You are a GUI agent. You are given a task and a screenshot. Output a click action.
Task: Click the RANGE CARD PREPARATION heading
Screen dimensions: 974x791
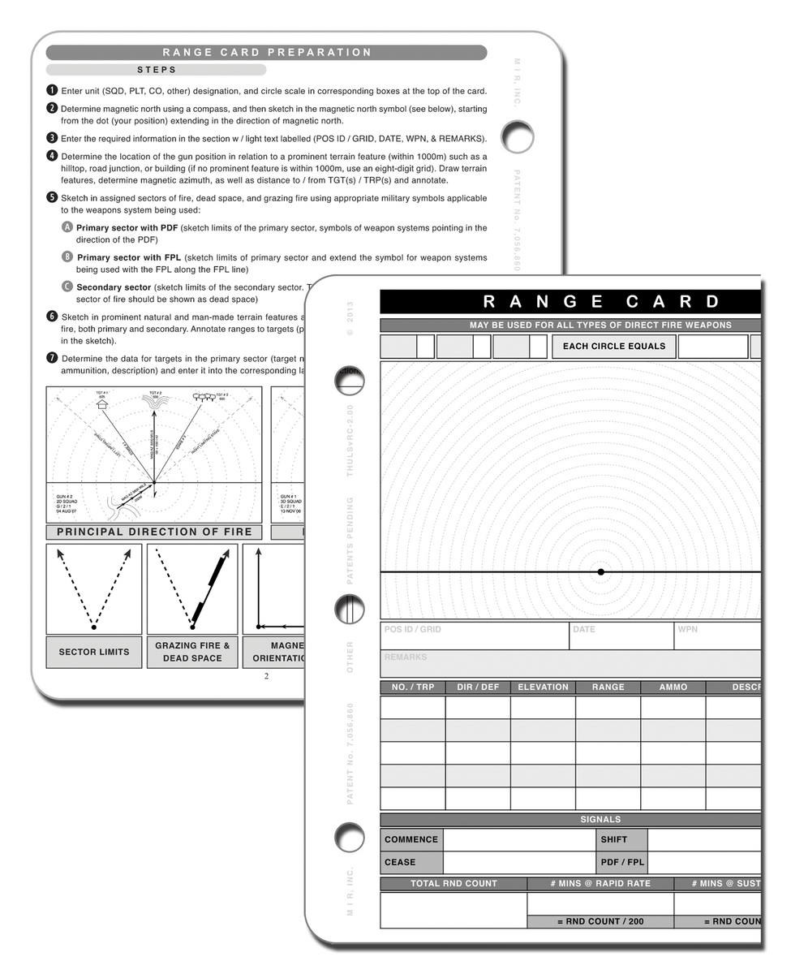click(x=266, y=53)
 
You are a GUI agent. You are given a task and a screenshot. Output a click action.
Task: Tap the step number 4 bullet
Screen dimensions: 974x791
click(x=52, y=157)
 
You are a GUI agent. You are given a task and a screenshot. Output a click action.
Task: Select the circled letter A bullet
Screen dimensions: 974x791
click(x=67, y=228)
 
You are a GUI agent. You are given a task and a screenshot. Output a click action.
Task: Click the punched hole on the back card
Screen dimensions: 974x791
click(x=517, y=136)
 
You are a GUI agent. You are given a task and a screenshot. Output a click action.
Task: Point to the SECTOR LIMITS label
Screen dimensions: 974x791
click(x=94, y=652)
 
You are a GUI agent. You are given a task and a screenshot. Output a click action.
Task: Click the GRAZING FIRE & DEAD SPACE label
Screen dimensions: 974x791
click(x=192, y=652)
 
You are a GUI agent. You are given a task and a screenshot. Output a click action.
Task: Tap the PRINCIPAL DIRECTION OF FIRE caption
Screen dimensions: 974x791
click(x=154, y=532)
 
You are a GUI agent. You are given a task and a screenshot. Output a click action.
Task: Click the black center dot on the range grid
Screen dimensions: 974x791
click(x=600, y=572)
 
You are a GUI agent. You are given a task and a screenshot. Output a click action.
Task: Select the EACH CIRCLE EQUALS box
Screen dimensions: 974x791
click(x=614, y=347)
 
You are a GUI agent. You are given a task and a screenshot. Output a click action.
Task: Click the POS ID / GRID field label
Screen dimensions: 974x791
click(x=412, y=630)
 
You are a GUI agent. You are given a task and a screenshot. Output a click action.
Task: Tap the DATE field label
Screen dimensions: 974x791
click(x=584, y=630)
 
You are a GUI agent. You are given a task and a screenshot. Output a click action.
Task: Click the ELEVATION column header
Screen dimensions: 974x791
click(x=543, y=687)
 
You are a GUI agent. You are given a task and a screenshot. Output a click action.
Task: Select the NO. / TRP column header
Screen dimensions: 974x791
click(x=413, y=687)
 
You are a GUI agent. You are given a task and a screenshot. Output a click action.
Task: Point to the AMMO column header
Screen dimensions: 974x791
click(x=673, y=687)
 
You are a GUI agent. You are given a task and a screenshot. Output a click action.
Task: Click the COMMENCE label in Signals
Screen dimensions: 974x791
click(x=411, y=840)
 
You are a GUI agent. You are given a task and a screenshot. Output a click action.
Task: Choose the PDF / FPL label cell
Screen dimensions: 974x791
click(x=622, y=862)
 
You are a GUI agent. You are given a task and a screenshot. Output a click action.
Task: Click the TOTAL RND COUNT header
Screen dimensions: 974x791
click(x=454, y=884)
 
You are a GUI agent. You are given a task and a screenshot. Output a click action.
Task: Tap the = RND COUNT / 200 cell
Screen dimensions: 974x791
click(x=600, y=922)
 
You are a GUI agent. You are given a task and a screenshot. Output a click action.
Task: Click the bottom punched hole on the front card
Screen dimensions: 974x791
click(x=349, y=835)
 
